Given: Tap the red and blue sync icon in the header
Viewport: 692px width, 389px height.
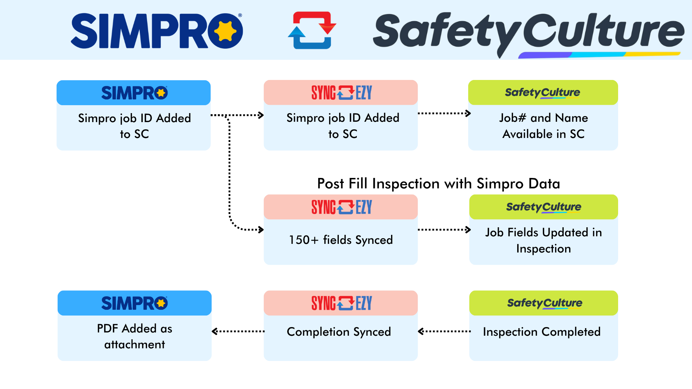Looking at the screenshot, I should coord(312,30).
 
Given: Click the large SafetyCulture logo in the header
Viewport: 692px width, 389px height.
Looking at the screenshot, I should coord(528,32).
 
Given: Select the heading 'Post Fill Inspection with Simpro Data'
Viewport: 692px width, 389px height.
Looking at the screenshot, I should coord(438,184).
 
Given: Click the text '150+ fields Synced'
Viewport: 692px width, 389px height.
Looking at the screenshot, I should coord(341,240).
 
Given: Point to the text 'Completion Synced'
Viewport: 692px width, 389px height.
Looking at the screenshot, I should coord(339,332).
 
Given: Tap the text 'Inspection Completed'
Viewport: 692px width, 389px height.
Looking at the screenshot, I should coord(542,332).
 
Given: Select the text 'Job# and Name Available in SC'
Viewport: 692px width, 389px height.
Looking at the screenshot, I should coord(543,126).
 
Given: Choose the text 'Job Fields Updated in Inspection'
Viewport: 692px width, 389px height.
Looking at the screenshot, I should coord(544,240).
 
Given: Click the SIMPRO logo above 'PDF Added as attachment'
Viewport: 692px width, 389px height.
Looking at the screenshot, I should coord(134,303).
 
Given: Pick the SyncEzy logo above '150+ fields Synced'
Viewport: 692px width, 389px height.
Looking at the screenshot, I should coord(341,207).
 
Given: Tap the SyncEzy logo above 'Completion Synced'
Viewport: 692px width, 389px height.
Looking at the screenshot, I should coord(341,303).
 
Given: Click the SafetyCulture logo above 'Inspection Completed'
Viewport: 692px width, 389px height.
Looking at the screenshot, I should coord(545,303).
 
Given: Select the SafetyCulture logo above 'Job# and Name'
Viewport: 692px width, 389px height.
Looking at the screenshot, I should coord(542,93).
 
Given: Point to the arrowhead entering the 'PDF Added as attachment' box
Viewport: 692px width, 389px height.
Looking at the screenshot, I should coord(215,331).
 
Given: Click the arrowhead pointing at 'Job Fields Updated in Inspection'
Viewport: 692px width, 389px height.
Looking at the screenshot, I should coord(468,229).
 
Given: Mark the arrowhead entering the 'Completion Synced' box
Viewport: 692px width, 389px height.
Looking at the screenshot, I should coord(421,331).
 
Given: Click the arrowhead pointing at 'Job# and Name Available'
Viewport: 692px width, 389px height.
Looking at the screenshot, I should coord(468,113).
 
